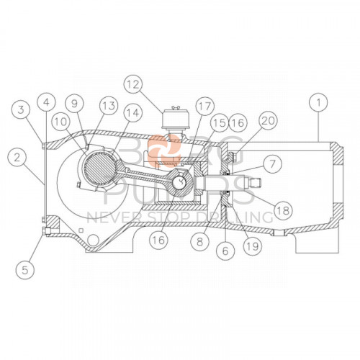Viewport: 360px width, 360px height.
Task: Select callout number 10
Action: [60, 123]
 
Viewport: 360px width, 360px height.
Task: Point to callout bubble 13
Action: [109, 107]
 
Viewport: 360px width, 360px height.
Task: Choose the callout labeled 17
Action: [203, 107]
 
